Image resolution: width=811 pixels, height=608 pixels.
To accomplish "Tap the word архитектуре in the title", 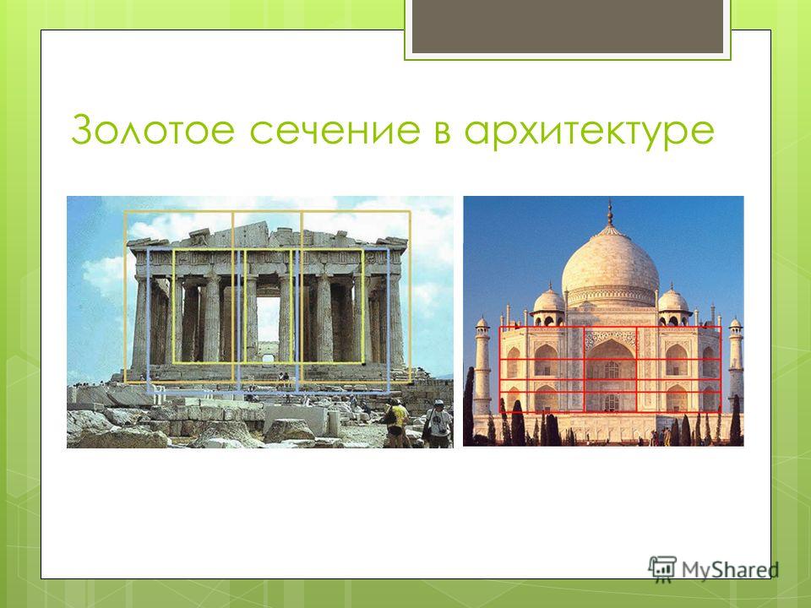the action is click(589, 133).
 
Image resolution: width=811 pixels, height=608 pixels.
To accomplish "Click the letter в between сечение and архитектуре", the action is click(442, 130).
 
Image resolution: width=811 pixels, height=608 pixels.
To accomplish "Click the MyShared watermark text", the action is click(730, 570).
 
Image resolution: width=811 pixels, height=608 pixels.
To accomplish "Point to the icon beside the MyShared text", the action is click(662, 568).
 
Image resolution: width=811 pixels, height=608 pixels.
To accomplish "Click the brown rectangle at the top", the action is click(568, 26).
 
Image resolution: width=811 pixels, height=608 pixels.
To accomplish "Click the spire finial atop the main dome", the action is click(610, 213).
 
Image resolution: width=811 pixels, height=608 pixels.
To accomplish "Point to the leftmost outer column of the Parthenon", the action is click(140, 323).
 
